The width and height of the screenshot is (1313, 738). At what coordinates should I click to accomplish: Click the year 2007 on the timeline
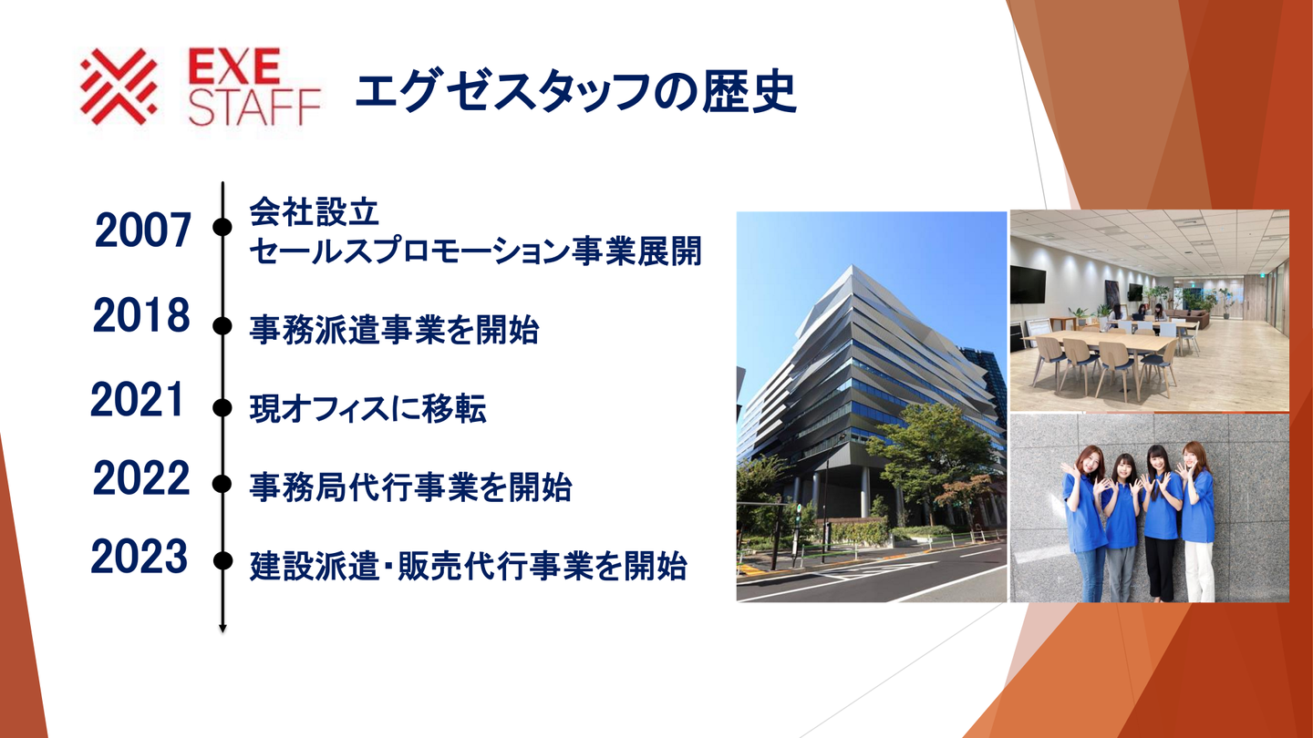[x=143, y=231]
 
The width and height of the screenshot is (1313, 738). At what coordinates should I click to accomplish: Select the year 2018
[x=141, y=315]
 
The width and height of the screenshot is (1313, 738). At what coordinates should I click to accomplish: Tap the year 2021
[x=138, y=399]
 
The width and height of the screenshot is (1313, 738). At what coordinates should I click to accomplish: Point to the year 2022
[x=141, y=478]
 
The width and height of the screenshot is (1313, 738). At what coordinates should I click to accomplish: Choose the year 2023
[x=140, y=556]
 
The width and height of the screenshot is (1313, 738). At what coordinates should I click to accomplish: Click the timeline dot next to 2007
[x=222, y=226]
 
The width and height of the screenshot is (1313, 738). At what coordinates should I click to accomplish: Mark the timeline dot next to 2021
[x=222, y=407]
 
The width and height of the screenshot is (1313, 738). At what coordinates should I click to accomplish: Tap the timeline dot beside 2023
[x=222, y=561]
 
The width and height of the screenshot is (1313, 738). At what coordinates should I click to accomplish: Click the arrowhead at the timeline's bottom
[x=222, y=629]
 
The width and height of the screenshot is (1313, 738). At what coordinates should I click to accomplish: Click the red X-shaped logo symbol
[x=119, y=86]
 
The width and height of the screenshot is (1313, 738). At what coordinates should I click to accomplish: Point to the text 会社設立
[x=315, y=212]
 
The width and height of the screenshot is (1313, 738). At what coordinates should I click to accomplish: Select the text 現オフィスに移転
[x=368, y=409]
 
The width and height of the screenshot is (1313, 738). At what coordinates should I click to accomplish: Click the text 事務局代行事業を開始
[x=411, y=487]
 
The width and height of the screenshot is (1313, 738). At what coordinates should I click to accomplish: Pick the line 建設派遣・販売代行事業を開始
[x=469, y=566]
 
